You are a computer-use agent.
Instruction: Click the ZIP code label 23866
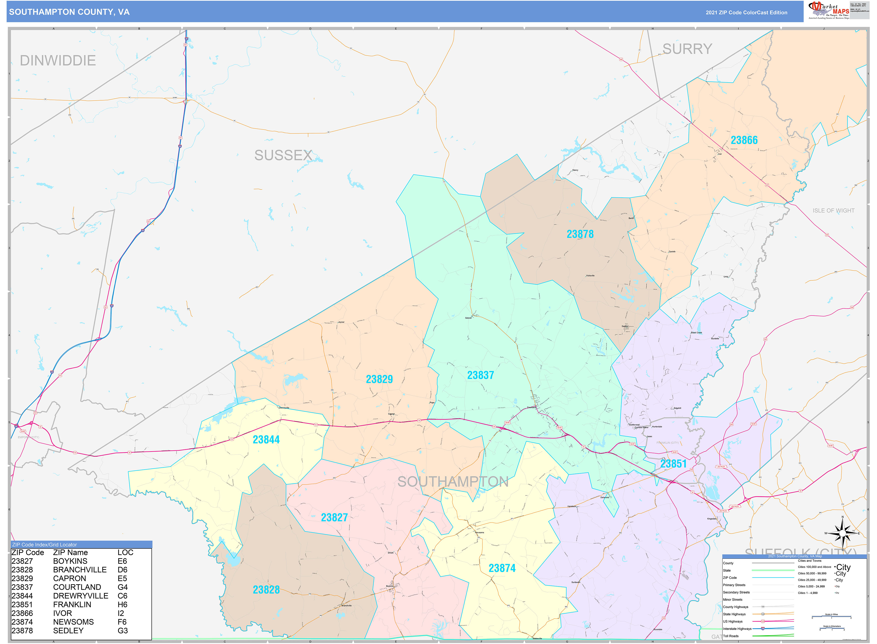[x=744, y=140]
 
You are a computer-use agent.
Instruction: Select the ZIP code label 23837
[x=480, y=376]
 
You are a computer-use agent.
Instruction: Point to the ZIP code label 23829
[x=379, y=379]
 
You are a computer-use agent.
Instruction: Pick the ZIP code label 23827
[x=334, y=518]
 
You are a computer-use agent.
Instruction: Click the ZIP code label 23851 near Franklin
[x=673, y=464]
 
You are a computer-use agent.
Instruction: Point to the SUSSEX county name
[x=283, y=156]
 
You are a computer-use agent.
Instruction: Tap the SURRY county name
[x=687, y=49]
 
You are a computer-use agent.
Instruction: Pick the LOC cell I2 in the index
[x=121, y=613]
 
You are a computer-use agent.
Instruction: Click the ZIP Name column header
[x=70, y=552]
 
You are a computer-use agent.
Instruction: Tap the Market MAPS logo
[x=828, y=10]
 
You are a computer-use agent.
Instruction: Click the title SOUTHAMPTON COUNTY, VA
[x=69, y=12]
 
